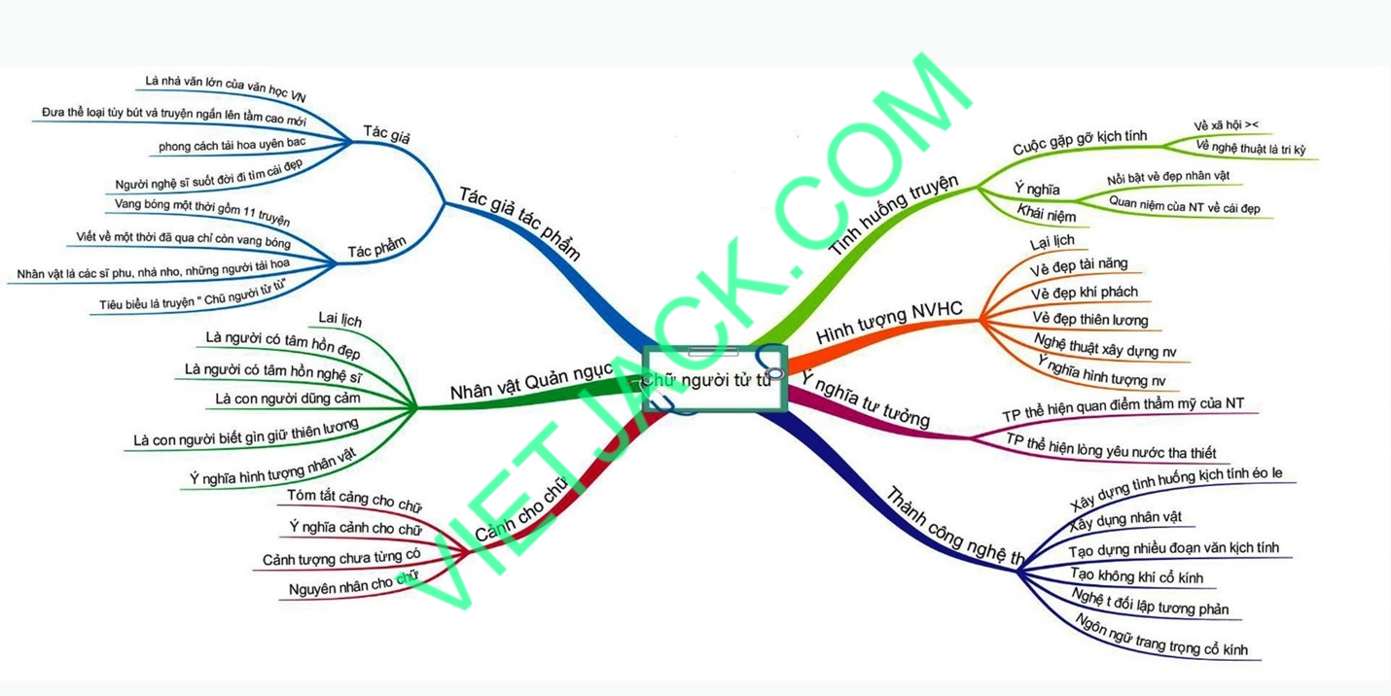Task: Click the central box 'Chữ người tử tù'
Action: point(714,379)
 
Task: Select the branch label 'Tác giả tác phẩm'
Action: point(519,223)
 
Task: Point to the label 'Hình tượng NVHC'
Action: point(889,322)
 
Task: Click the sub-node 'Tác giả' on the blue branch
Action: point(386,133)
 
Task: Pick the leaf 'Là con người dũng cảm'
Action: point(288,398)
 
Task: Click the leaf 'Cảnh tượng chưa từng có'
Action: point(341,558)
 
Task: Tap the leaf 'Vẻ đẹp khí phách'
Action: point(1084,292)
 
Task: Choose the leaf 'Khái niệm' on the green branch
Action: point(1047,213)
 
